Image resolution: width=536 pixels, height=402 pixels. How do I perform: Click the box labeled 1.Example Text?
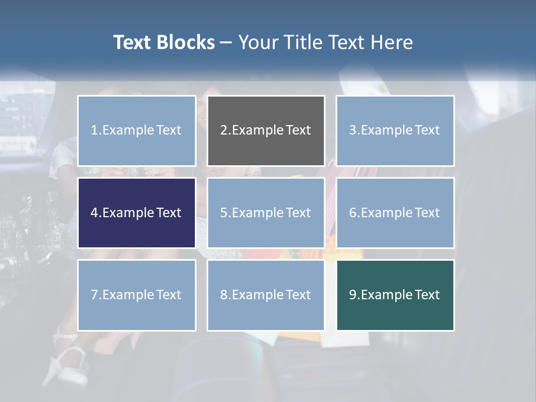137,131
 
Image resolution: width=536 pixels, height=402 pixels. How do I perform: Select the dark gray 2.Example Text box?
266,131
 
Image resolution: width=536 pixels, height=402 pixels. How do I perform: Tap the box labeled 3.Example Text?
395,131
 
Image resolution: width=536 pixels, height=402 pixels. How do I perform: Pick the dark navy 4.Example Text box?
137,213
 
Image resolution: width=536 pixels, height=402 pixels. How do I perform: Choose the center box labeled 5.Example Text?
266,213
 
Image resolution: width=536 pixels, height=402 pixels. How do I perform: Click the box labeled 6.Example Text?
395,213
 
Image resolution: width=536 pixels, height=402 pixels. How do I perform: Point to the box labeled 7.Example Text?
137,295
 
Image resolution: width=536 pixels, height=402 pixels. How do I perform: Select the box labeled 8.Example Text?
266,295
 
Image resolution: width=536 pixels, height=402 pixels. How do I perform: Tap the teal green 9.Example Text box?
395,295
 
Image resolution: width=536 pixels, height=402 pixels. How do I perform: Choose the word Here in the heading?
391,42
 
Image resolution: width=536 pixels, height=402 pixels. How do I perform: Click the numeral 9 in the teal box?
353,295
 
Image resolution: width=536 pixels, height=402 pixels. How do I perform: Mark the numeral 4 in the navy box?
94,213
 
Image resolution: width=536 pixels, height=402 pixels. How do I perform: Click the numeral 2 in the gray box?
223,131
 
